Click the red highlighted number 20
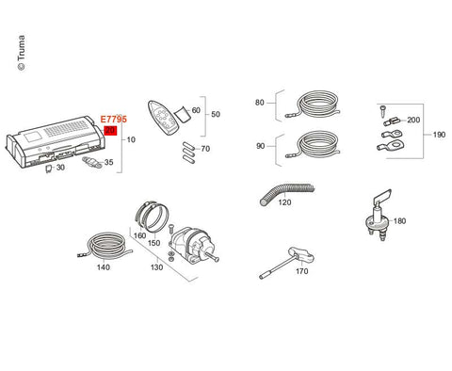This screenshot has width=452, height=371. coord(110,130)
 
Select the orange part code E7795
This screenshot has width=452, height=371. coord(114,120)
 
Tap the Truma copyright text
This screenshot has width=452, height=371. coord(22,53)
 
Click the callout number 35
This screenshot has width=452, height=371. coord(109,162)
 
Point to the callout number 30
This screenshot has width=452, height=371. coord(60,168)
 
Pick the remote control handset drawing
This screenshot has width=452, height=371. coord(161,117)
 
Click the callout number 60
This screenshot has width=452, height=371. coord(196,110)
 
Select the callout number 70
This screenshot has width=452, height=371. coord(205,149)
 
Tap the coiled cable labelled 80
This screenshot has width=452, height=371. coord(315,105)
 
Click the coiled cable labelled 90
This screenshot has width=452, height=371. coord(315,145)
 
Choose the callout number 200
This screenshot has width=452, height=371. coord(413,120)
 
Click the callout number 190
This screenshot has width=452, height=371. coord(439,135)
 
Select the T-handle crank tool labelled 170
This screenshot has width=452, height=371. coord(286,263)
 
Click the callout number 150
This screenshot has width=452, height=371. coord(153,243)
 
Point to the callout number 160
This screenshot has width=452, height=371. coord(140,235)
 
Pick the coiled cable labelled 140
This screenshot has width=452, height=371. coord(105,245)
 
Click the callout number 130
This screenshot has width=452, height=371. coord(156,267)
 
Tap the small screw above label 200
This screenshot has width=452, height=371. coord(383,110)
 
